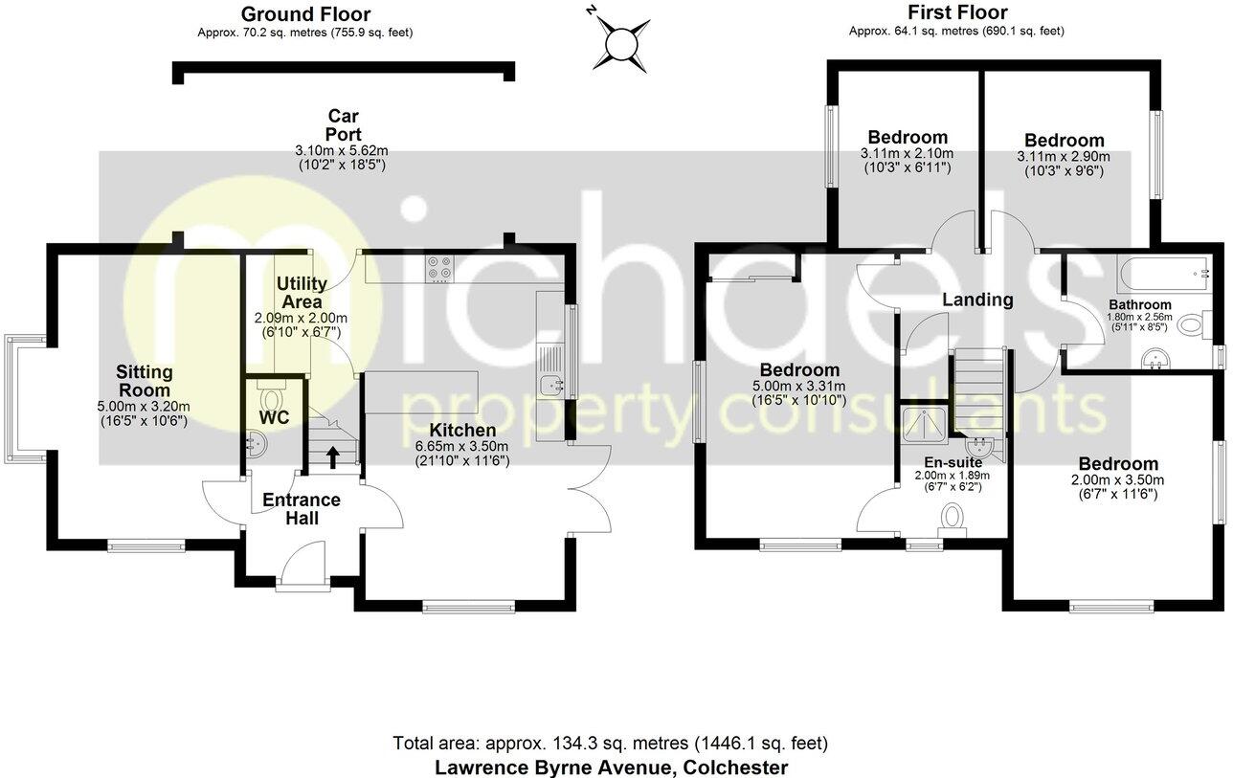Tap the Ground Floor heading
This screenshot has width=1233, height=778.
[305, 14]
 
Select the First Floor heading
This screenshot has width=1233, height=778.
[956, 12]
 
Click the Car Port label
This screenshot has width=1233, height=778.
[342, 125]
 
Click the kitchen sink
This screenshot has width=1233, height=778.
[553, 387]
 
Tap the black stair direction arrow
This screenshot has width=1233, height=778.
[333, 456]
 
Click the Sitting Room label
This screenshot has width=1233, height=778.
[145, 381]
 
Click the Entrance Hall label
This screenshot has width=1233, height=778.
[301, 509]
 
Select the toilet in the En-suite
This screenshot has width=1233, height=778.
[952, 518]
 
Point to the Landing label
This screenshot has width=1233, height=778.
[977, 300]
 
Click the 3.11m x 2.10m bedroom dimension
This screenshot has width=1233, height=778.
[908, 154]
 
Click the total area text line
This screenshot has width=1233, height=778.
[611, 744]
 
